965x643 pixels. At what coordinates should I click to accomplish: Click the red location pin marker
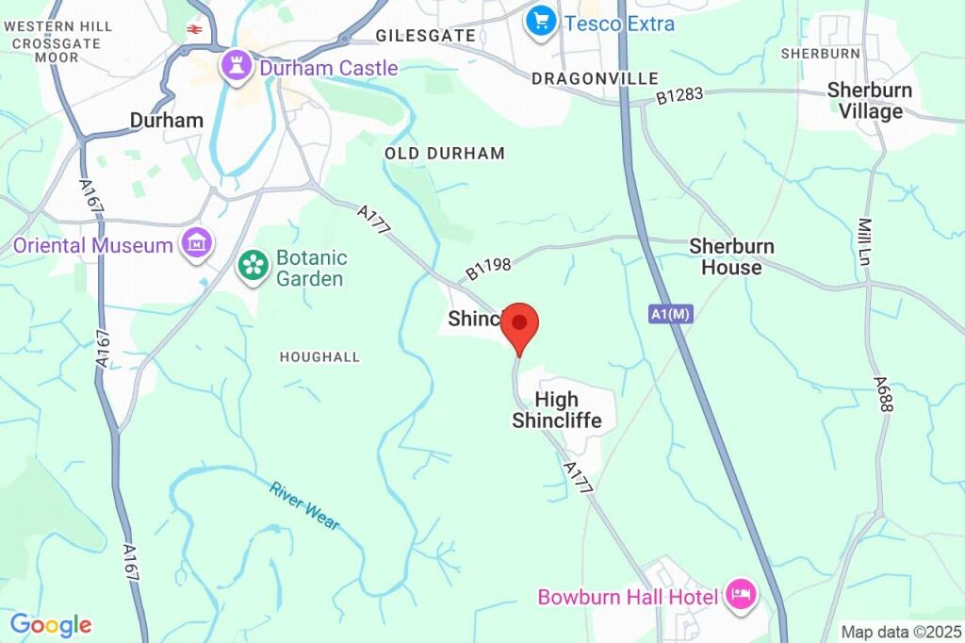click(x=519, y=325)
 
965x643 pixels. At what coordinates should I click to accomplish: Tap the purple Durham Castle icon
click(x=234, y=66)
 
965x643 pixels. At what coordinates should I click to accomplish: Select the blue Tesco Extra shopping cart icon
click(x=541, y=23)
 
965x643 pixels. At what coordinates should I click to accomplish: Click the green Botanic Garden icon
click(x=253, y=264)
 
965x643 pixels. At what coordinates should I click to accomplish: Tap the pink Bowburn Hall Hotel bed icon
click(x=742, y=596)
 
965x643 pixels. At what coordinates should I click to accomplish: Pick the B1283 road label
click(x=680, y=95)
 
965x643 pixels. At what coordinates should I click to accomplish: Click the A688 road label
click(x=882, y=393)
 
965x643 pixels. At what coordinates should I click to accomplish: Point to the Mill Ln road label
click(x=864, y=241)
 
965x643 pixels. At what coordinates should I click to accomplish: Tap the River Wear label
click(x=304, y=506)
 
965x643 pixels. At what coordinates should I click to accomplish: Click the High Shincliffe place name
click(x=557, y=410)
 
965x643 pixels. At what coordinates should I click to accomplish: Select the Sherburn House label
click(x=731, y=256)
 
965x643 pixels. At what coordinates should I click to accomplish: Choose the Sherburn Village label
click(x=870, y=101)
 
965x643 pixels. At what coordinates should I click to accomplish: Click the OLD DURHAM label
click(x=445, y=153)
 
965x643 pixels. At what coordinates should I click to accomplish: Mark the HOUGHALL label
click(x=319, y=357)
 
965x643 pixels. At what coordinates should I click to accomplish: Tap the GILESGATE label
click(x=425, y=35)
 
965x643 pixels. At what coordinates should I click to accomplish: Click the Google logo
click(x=51, y=624)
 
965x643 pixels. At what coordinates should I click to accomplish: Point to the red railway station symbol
click(x=195, y=29)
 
